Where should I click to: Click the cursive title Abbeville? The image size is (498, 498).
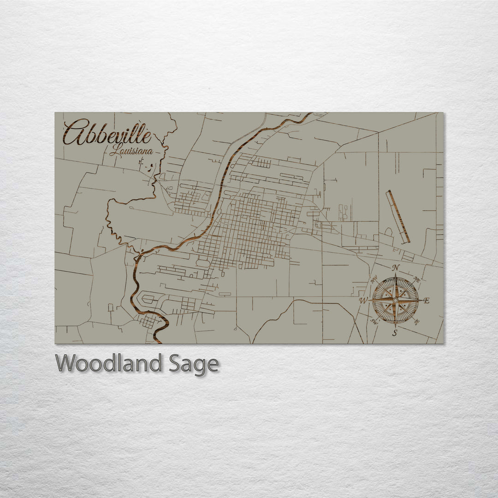[107, 133]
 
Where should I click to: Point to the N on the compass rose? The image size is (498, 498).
[395, 268]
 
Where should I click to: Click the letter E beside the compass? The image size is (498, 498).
[426, 301]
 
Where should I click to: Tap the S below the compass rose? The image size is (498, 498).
[395, 333]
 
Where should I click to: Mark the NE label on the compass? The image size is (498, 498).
[417, 279]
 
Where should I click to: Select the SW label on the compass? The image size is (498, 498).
[374, 322]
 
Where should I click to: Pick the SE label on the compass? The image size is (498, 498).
[416, 322]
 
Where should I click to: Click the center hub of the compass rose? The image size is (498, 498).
[395, 300]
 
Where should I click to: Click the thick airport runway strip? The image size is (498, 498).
[398, 216]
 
